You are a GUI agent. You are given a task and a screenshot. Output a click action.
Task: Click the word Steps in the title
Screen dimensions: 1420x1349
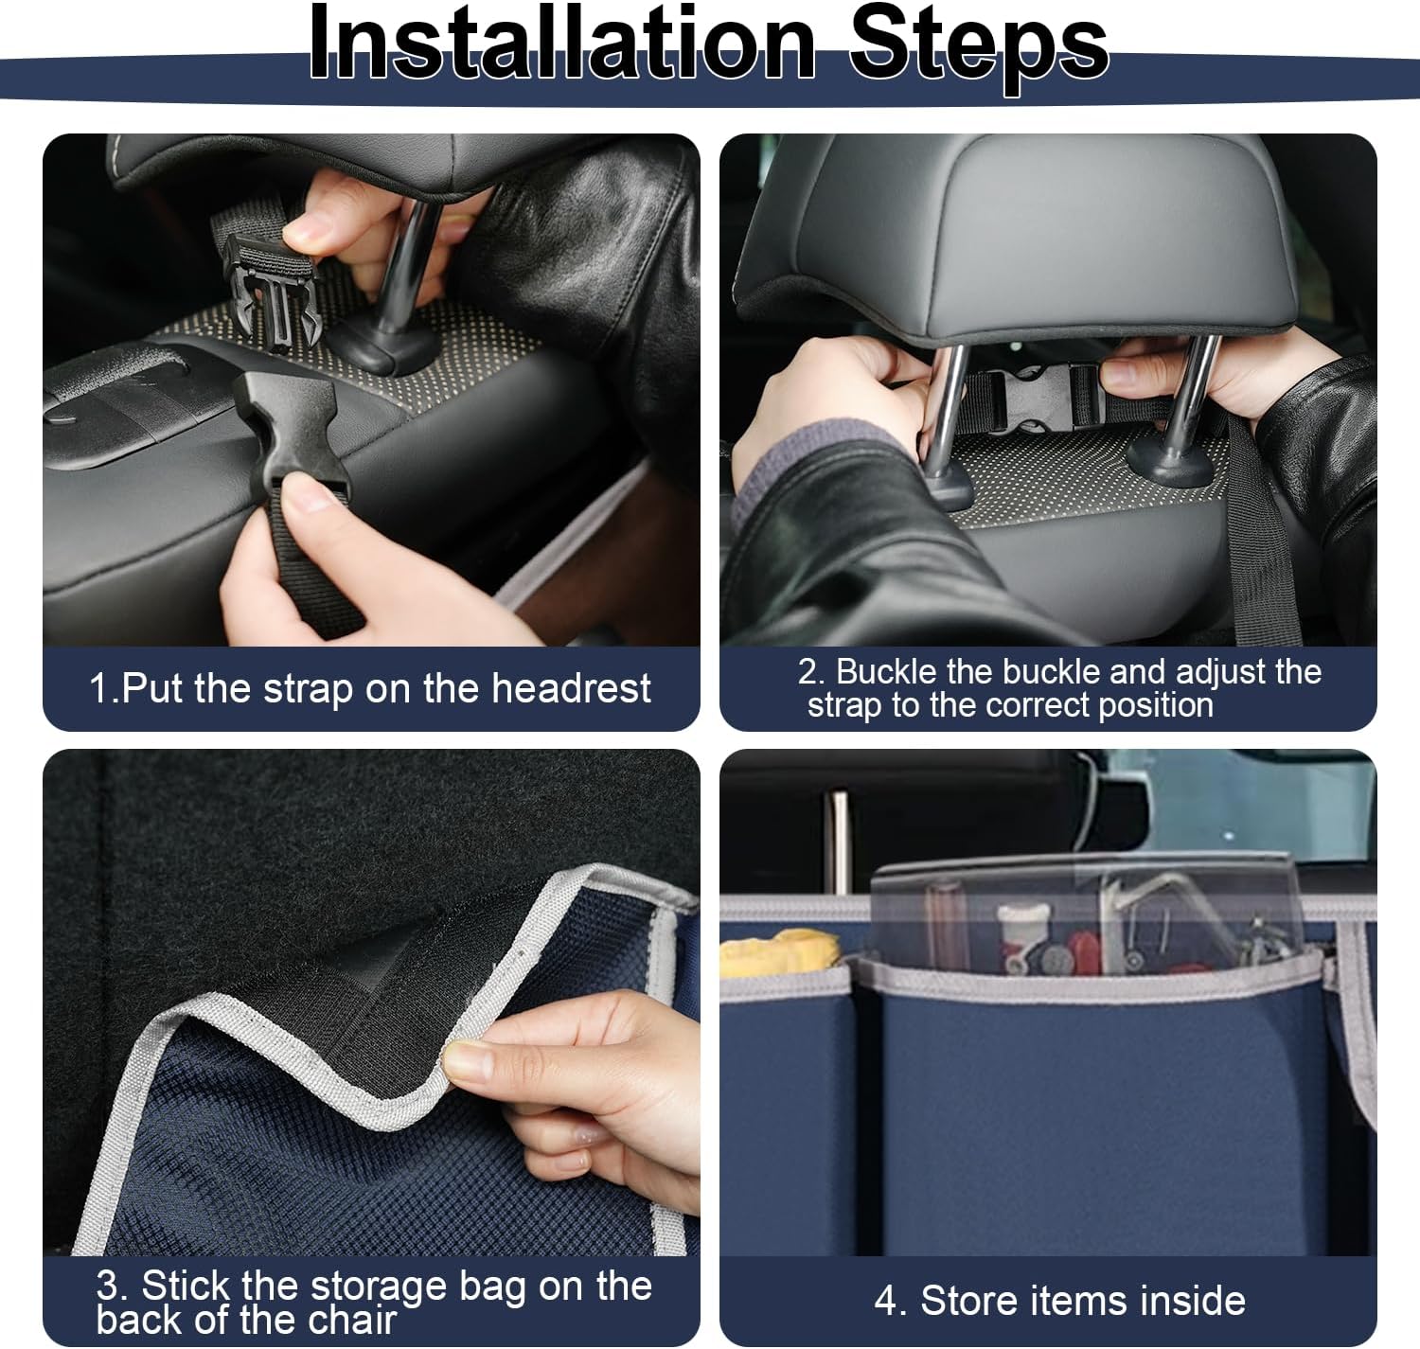click(979, 49)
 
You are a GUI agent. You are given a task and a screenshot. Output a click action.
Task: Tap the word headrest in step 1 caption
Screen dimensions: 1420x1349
click(572, 687)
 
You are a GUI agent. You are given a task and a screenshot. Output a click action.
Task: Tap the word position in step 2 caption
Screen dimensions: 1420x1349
click(1156, 705)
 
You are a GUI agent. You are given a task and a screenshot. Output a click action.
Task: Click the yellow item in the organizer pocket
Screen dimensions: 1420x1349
click(780, 952)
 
